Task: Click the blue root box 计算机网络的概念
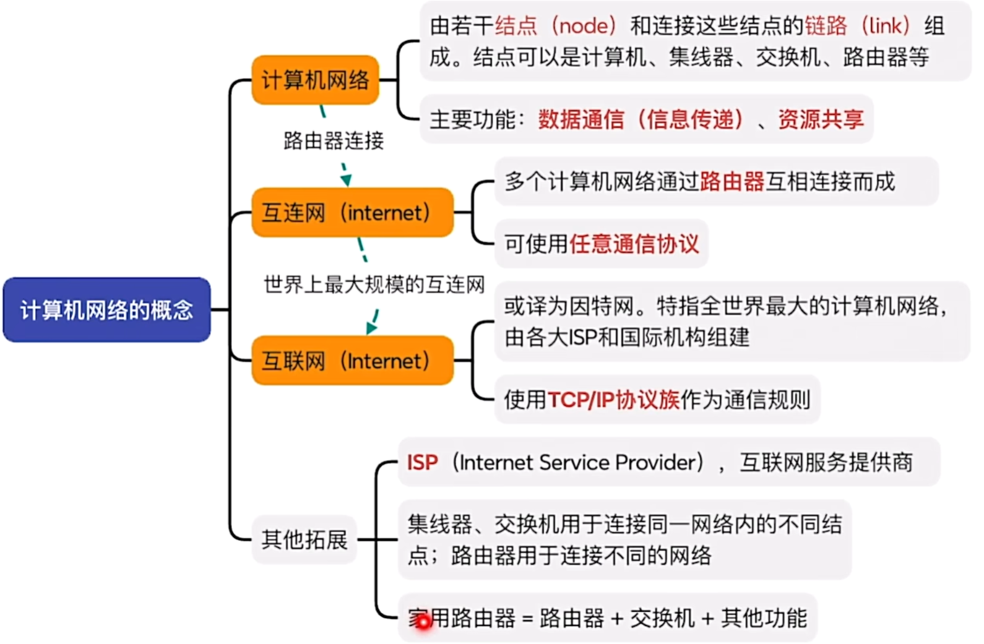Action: click(106, 309)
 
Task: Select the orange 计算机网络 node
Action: click(315, 80)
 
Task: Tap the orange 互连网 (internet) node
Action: click(352, 213)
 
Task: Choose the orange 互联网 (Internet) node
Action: click(352, 361)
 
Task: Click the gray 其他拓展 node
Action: click(304, 539)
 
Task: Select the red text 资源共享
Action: click(821, 119)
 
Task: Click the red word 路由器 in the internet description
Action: click(732, 182)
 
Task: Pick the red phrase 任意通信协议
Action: click(634, 244)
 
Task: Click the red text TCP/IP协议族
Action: click(613, 400)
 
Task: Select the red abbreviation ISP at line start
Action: click(422, 463)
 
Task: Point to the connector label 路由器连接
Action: click(334, 141)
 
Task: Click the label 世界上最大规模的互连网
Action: click(374, 285)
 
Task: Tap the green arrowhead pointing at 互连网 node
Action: click(346, 180)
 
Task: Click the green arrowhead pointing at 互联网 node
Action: click(371, 327)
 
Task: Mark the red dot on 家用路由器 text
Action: click(423, 623)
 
